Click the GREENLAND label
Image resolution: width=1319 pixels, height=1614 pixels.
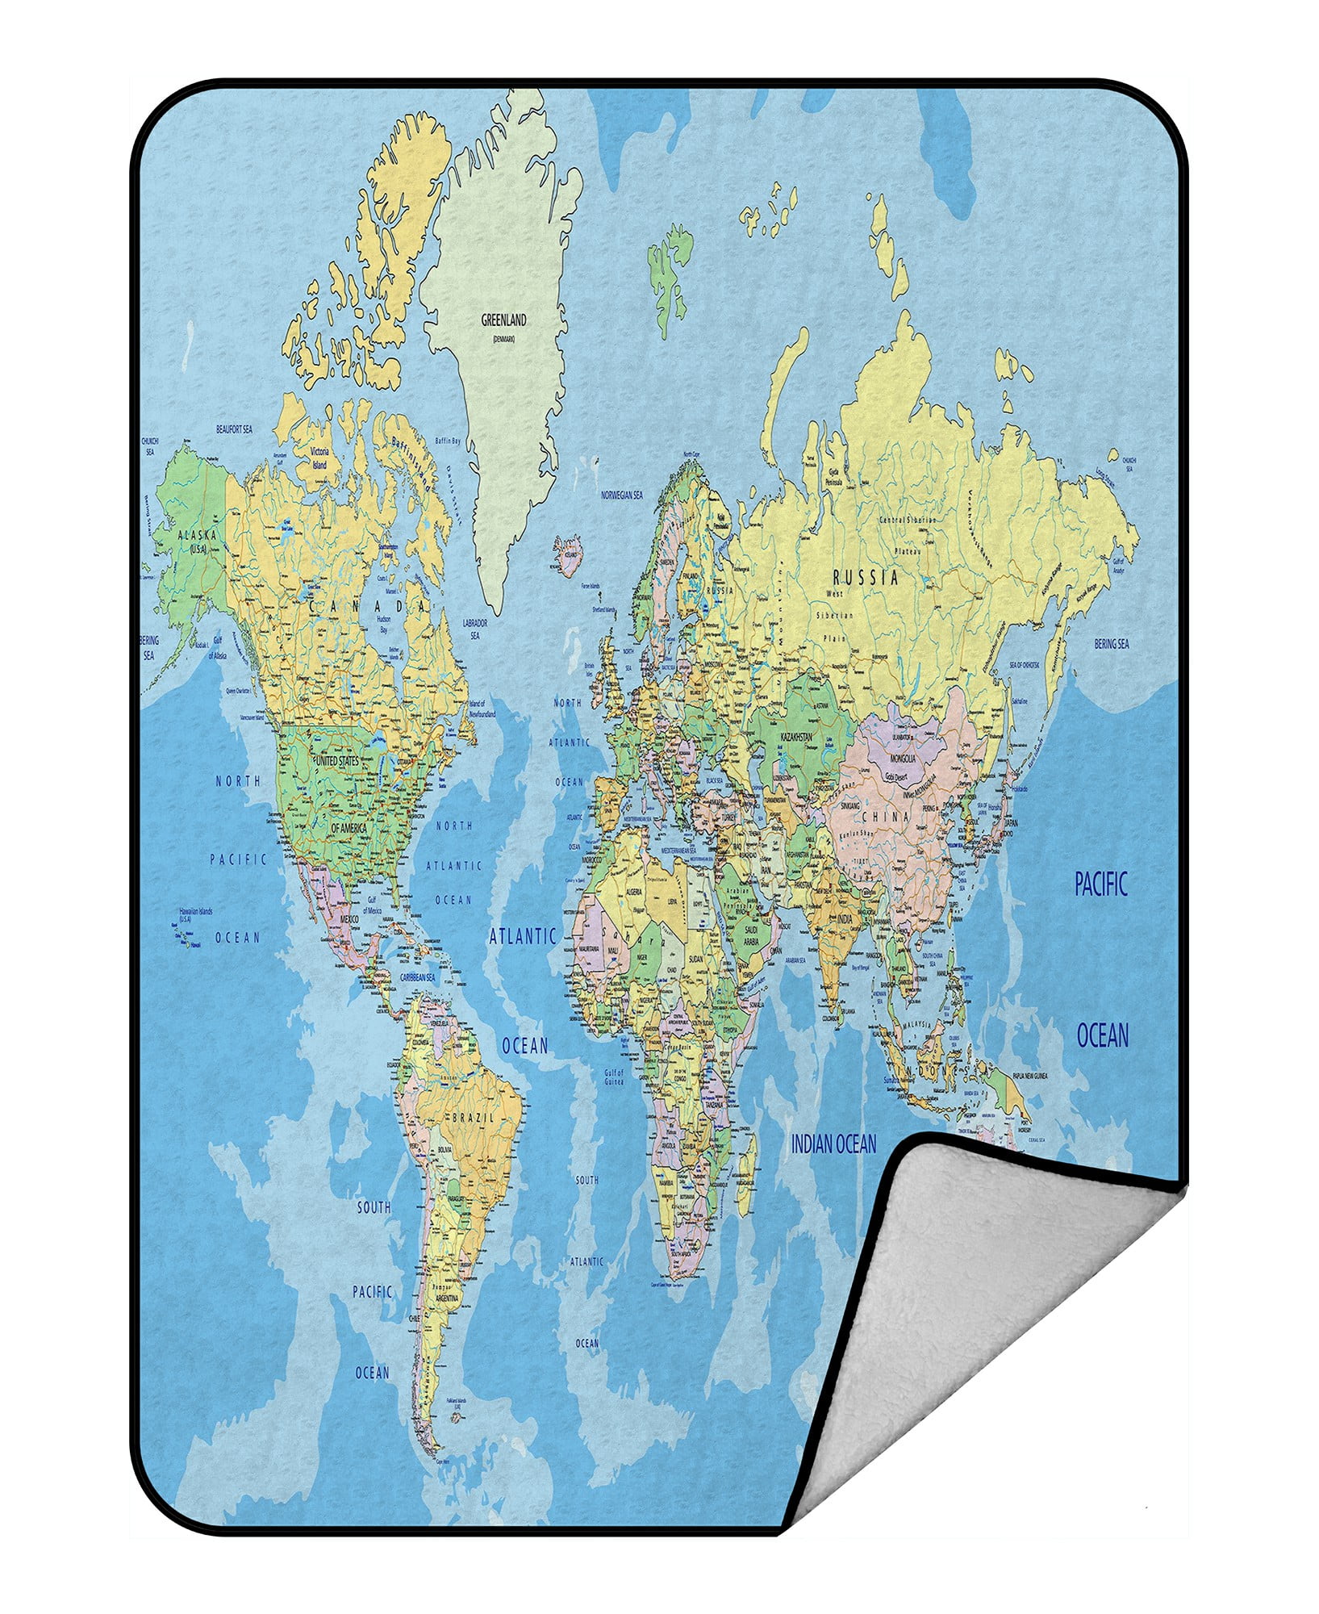pyautogui.click(x=503, y=320)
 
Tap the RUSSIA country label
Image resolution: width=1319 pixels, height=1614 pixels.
pyautogui.click(x=866, y=577)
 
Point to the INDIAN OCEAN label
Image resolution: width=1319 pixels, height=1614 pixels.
pyautogui.click(x=833, y=1144)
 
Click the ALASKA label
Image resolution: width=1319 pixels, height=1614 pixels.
pyautogui.click(x=193, y=534)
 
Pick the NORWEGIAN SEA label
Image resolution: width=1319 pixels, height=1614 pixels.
pyautogui.click(x=621, y=495)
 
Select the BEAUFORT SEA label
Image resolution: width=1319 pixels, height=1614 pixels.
pyautogui.click(x=234, y=430)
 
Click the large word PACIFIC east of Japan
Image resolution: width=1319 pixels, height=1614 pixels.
pyautogui.click(x=1101, y=885)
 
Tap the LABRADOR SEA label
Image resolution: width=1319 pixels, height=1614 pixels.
pyautogui.click(x=474, y=629)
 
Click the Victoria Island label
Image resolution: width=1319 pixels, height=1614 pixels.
pyautogui.click(x=320, y=458)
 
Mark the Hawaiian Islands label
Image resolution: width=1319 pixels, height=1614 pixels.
pyautogui.click(x=196, y=915)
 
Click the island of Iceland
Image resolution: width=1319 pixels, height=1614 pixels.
pyautogui.click(x=569, y=554)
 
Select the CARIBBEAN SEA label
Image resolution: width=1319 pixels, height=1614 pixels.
pyautogui.click(x=417, y=977)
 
